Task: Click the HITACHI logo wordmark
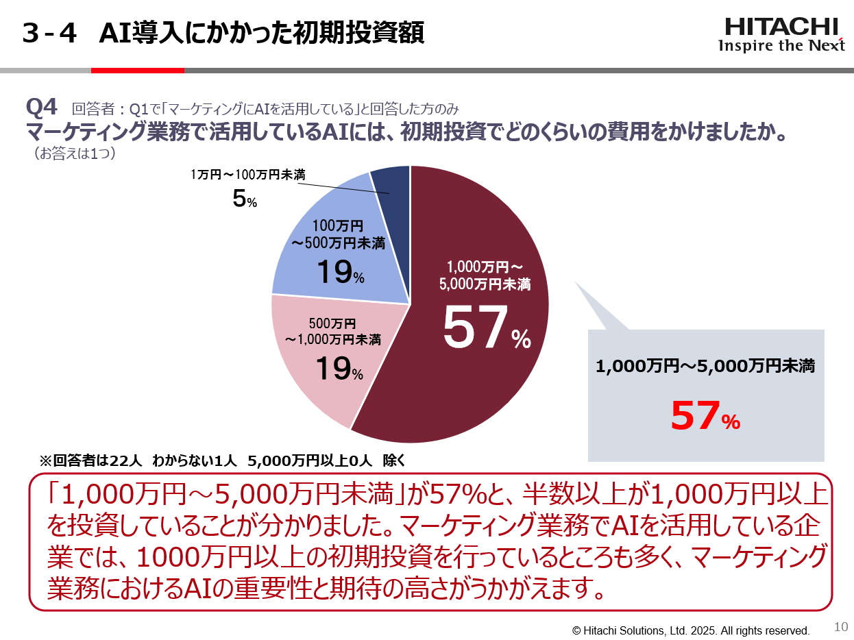pos(781,27)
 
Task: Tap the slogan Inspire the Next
pos(781,46)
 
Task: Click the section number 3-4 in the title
pos(49,33)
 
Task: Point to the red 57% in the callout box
pos(705,416)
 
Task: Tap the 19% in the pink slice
pos(339,369)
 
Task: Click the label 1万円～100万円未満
pos(247,175)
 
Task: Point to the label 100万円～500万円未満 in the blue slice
pos(338,234)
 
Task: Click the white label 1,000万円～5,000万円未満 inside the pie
pos(485,275)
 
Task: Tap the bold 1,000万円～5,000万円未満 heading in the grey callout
pos(705,367)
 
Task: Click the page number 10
pos(841,626)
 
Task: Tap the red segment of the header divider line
pos(137,70)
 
